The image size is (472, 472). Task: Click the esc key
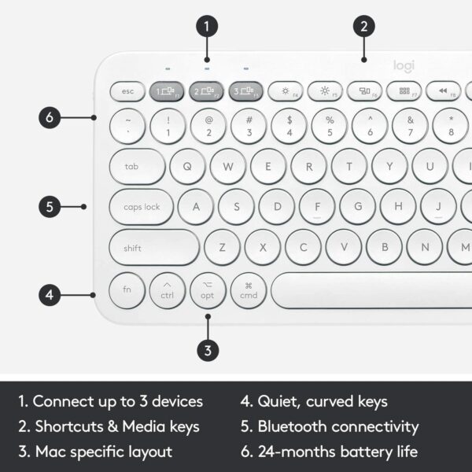coord(127,91)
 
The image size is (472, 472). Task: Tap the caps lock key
coord(142,207)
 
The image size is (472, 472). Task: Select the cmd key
coord(249,290)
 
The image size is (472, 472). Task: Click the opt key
coord(208,290)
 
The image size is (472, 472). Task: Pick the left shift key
coord(154,248)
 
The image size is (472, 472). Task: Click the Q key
coord(188,167)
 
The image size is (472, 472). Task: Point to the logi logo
coord(404,68)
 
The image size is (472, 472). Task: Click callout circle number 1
coord(207,27)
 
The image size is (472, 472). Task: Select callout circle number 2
coord(363,27)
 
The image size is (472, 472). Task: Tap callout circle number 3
coord(208,349)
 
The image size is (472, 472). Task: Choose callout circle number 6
coord(50,119)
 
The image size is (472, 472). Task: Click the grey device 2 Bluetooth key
coord(207,91)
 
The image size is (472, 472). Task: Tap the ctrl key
coord(167,290)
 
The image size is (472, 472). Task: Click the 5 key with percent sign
coord(330,126)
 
